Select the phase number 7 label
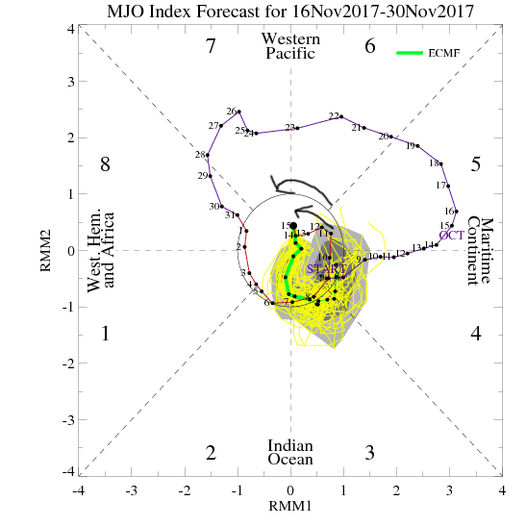pyautogui.click(x=210, y=46)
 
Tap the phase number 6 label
pyautogui.click(x=369, y=46)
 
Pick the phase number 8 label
pyautogui.click(x=106, y=164)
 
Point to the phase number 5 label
pyautogui.click(x=474, y=164)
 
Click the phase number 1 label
pyautogui.click(x=106, y=334)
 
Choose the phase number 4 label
pyautogui.click(x=474, y=334)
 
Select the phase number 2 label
pyautogui.click(x=210, y=453)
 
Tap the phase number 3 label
pyautogui.click(x=369, y=453)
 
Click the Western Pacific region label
pyautogui.click(x=289, y=45)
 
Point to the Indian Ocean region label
pyautogui.click(x=289, y=453)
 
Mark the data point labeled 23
pyautogui.click(x=297, y=127)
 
